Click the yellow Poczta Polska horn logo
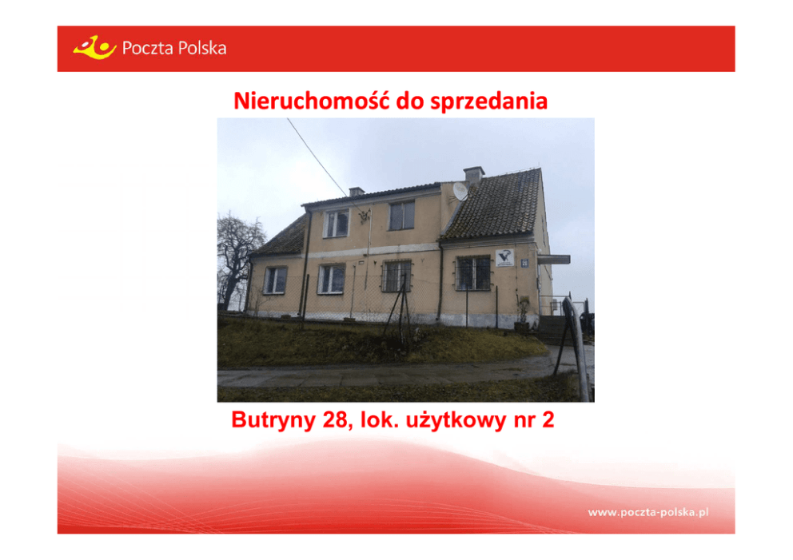(x=95, y=47)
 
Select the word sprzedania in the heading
(x=488, y=101)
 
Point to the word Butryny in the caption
(x=273, y=420)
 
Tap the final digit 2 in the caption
(x=548, y=419)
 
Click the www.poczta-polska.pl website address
(x=648, y=512)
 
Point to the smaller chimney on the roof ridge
(x=357, y=192)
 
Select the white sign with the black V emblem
(x=504, y=257)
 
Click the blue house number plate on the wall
(x=524, y=262)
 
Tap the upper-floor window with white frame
(x=337, y=223)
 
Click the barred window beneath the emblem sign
(x=474, y=273)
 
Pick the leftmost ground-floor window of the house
(x=275, y=280)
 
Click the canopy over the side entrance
(x=554, y=260)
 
